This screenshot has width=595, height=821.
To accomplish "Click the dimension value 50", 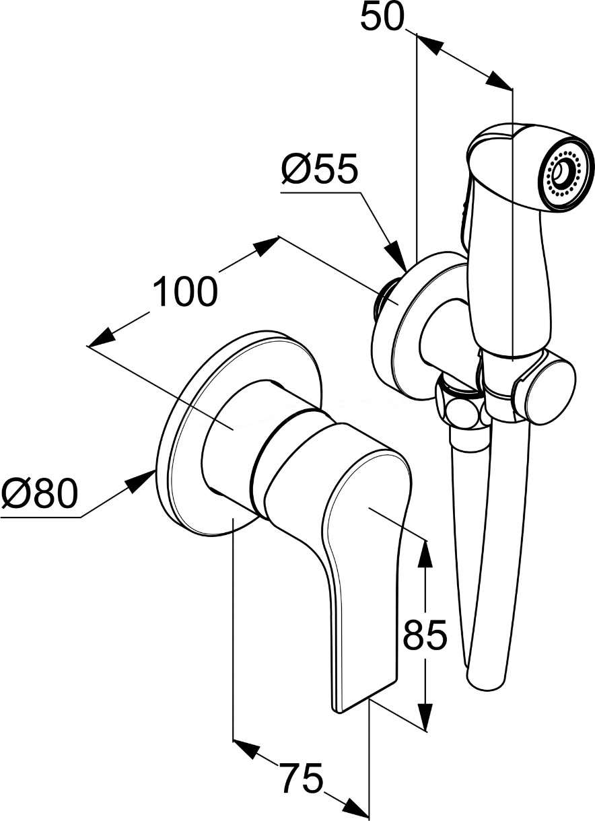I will point(382,17).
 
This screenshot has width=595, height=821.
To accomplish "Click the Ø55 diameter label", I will point(319,172).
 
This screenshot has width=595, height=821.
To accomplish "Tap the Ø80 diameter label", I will point(39,495).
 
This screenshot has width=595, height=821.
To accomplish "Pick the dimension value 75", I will point(301,780).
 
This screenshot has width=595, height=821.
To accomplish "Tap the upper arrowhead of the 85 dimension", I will point(425,552).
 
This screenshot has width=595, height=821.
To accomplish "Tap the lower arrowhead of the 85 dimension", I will point(425,717).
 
